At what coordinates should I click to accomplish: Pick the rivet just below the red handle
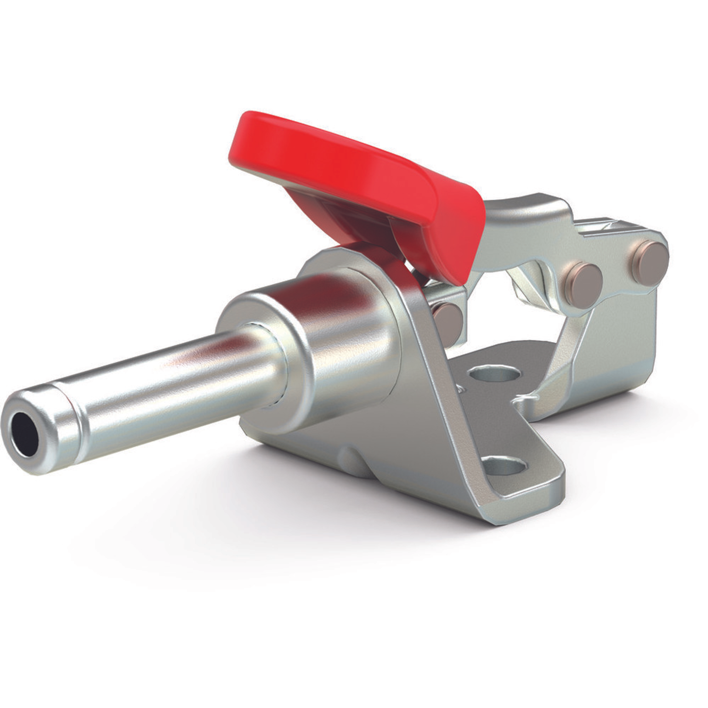coord(447,317)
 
